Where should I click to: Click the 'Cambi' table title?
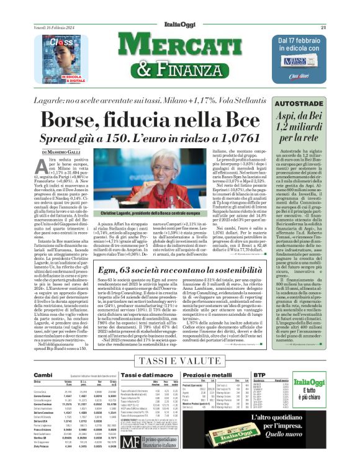point(43,375)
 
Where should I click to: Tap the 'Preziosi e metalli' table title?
point(217,375)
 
